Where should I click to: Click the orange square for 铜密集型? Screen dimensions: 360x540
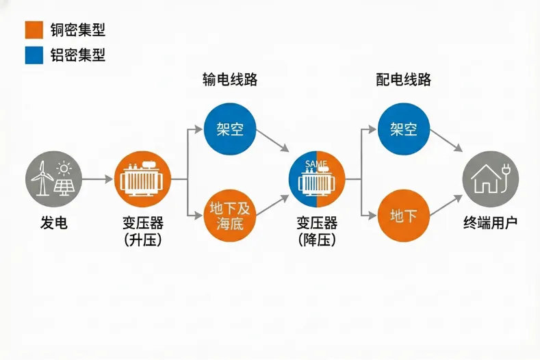tap(33, 30)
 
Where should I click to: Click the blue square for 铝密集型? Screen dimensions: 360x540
tap(33, 55)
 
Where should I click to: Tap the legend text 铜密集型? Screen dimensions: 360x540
tap(78, 30)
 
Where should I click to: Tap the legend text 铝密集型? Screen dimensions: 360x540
tap(78, 55)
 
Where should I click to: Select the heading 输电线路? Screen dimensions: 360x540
tap(230, 79)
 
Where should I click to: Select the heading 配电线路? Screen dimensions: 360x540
tap(404, 79)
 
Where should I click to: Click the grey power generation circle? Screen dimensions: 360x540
tap(53, 179)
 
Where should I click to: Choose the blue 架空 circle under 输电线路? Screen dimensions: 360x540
tap(230, 129)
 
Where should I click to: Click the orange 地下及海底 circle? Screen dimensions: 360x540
tap(230, 216)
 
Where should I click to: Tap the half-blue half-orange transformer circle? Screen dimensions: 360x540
tap(316, 179)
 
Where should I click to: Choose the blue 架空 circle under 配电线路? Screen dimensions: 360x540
tap(404, 129)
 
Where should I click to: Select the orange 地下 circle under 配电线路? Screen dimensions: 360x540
tap(404, 216)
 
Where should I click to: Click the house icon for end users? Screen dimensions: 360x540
tap(490, 179)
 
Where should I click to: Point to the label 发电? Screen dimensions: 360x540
tap(53, 224)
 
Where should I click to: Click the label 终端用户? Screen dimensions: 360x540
tap(490, 224)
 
